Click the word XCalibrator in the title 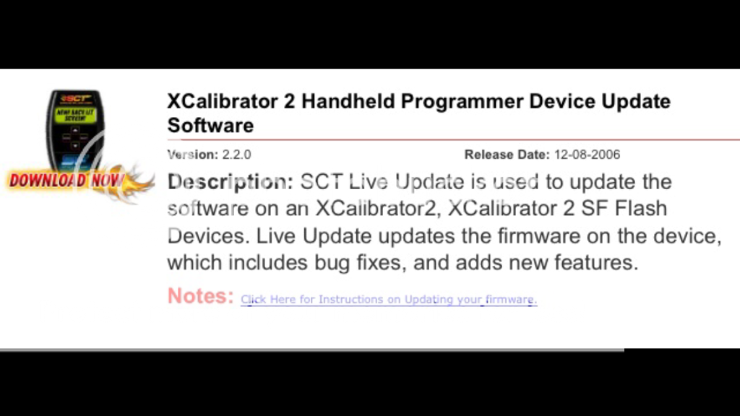[225, 101]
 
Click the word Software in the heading [210, 126]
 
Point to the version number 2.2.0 [236, 155]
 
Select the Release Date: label [507, 155]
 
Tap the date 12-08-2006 [587, 155]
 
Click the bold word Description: [231, 182]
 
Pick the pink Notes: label [201, 296]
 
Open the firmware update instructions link [389, 300]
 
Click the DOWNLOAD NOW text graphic [66, 180]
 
